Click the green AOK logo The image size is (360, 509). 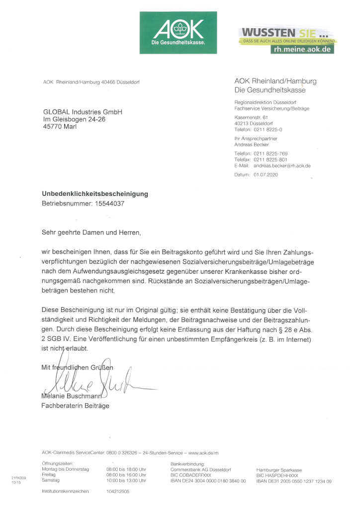179,32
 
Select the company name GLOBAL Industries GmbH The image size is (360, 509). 83,112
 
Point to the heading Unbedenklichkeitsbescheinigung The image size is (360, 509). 95,194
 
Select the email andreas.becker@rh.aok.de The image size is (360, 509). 282,166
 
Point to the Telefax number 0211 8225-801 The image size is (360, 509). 270,160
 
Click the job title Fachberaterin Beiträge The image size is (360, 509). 75,406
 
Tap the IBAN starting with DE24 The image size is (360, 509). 208,481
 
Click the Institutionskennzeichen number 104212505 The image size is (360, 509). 118,491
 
